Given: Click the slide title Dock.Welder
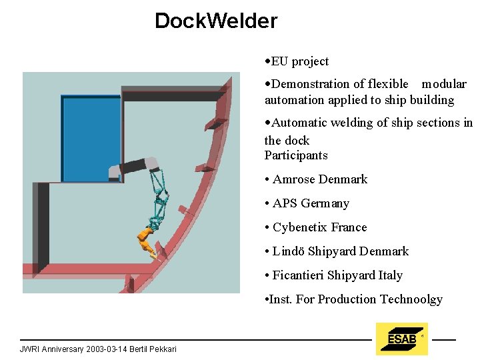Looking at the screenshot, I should coord(215,21).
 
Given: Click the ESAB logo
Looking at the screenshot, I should coord(401,339).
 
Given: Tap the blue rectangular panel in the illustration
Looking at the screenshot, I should coord(91,139).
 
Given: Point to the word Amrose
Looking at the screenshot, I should coord(294,179).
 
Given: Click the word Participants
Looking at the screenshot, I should coord(296,155).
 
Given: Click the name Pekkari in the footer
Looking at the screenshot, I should coord(162,349).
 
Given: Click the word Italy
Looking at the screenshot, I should coord(390,275).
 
